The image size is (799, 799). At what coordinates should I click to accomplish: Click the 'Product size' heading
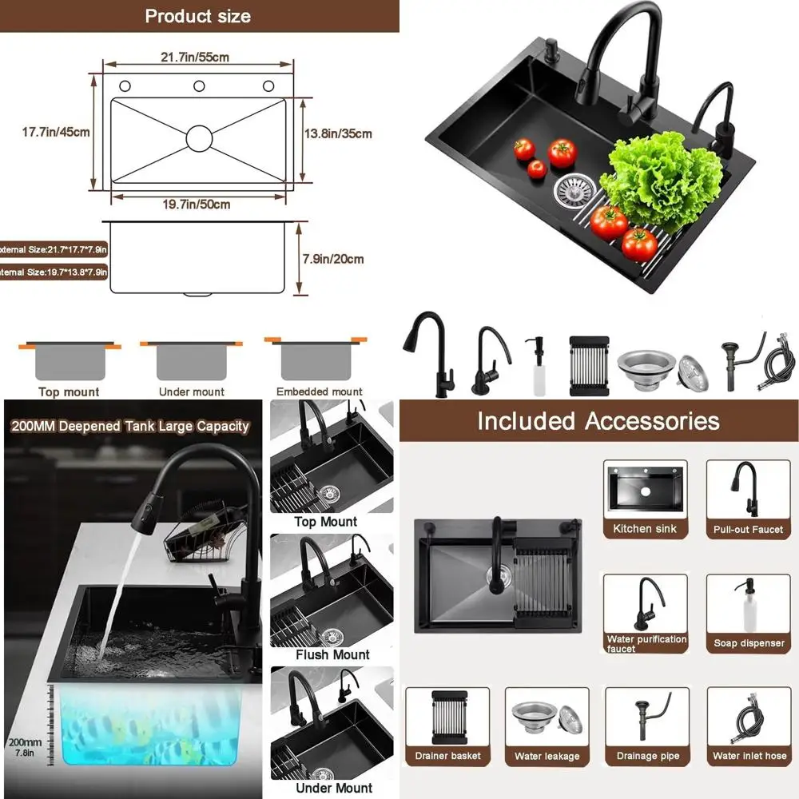coord(197,16)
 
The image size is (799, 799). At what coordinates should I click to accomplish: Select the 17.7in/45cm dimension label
coord(56,133)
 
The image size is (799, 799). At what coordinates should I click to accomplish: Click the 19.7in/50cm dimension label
coord(197,205)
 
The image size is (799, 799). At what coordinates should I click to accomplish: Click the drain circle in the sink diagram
coord(200,137)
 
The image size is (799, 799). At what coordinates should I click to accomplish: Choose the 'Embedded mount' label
coord(319,392)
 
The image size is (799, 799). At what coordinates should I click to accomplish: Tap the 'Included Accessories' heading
coord(598,421)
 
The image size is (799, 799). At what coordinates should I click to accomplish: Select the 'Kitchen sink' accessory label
coord(645,529)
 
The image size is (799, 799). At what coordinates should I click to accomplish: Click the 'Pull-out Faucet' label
coord(748,530)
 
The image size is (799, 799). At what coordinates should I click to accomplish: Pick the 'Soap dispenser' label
coord(748,643)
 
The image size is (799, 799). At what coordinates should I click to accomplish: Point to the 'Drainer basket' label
coord(447,756)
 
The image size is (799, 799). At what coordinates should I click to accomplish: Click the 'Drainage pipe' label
coord(646,756)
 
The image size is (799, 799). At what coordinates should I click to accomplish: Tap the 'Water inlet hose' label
coord(749,756)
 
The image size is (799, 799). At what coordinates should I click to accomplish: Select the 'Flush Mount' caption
coord(332,654)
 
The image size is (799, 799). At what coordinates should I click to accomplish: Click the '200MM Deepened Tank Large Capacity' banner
coord(130,427)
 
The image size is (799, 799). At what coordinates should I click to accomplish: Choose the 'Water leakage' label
coord(547,756)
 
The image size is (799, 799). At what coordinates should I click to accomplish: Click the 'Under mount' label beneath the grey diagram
coord(192,392)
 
